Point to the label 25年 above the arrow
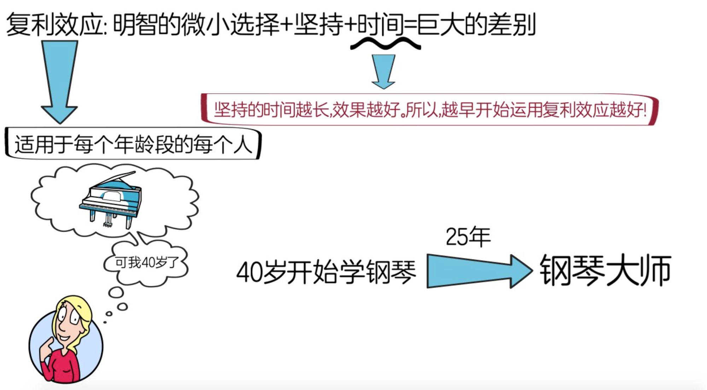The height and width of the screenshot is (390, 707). pyautogui.click(x=468, y=237)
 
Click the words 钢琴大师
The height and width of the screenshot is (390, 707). pyautogui.click(x=605, y=270)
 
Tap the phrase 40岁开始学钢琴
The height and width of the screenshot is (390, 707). pyautogui.click(x=326, y=272)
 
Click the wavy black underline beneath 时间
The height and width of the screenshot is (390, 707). pyautogui.click(x=385, y=44)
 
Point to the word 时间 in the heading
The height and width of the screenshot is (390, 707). pyautogui.click(x=380, y=25)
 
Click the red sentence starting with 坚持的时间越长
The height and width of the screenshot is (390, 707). pyautogui.click(x=430, y=110)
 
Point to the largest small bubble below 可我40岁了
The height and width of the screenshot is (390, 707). pyautogui.click(x=116, y=292)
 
